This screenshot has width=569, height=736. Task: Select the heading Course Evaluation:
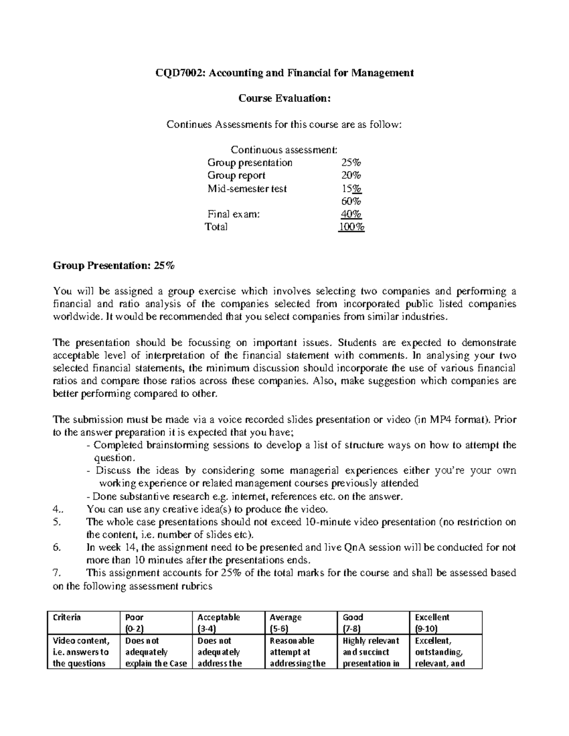pos(284,98)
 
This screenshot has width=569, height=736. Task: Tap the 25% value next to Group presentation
pos(351,163)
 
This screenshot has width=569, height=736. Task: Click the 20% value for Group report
pos(351,175)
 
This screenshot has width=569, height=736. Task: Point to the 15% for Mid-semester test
pos(351,188)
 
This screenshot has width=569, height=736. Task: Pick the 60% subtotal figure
pos(351,201)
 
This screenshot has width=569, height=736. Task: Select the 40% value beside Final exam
pos(351,214)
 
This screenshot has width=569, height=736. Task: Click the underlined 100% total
pos(351,227)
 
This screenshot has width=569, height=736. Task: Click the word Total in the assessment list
pos(216,227)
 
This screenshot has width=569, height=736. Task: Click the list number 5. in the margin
pos(57,522)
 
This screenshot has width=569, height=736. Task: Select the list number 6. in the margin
pos(57,547)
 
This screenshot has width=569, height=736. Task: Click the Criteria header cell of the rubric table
pos(67,618)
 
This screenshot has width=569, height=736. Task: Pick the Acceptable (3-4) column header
pos(219,623)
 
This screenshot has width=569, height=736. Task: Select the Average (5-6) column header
pos(285,623)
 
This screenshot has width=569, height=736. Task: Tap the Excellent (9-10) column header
pos(432,623)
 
